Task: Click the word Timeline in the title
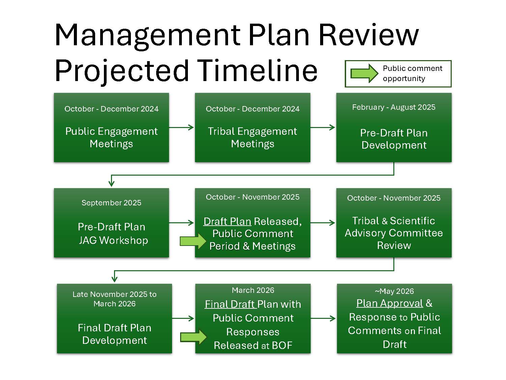click(257, 71)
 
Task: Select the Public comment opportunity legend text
click(412, 73)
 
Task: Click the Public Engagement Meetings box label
click(111, 137)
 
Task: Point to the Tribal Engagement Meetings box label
click(252, 137)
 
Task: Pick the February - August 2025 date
click(394, 107)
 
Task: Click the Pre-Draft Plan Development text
click(394, 139)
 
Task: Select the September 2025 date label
click(111, 203)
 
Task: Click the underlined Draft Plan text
click(227, 222)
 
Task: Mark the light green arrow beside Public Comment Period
click(193, 241)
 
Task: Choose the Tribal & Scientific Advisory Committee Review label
click(394, 233)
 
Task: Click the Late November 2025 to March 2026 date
click(114, 299)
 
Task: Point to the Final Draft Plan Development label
click(114, 334)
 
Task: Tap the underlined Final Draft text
click(230, 304)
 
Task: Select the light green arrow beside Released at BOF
click(193, 337)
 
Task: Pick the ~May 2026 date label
click(394, 291)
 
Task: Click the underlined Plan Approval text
click(390, 303)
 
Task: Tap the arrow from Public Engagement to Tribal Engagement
click(181, 127)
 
